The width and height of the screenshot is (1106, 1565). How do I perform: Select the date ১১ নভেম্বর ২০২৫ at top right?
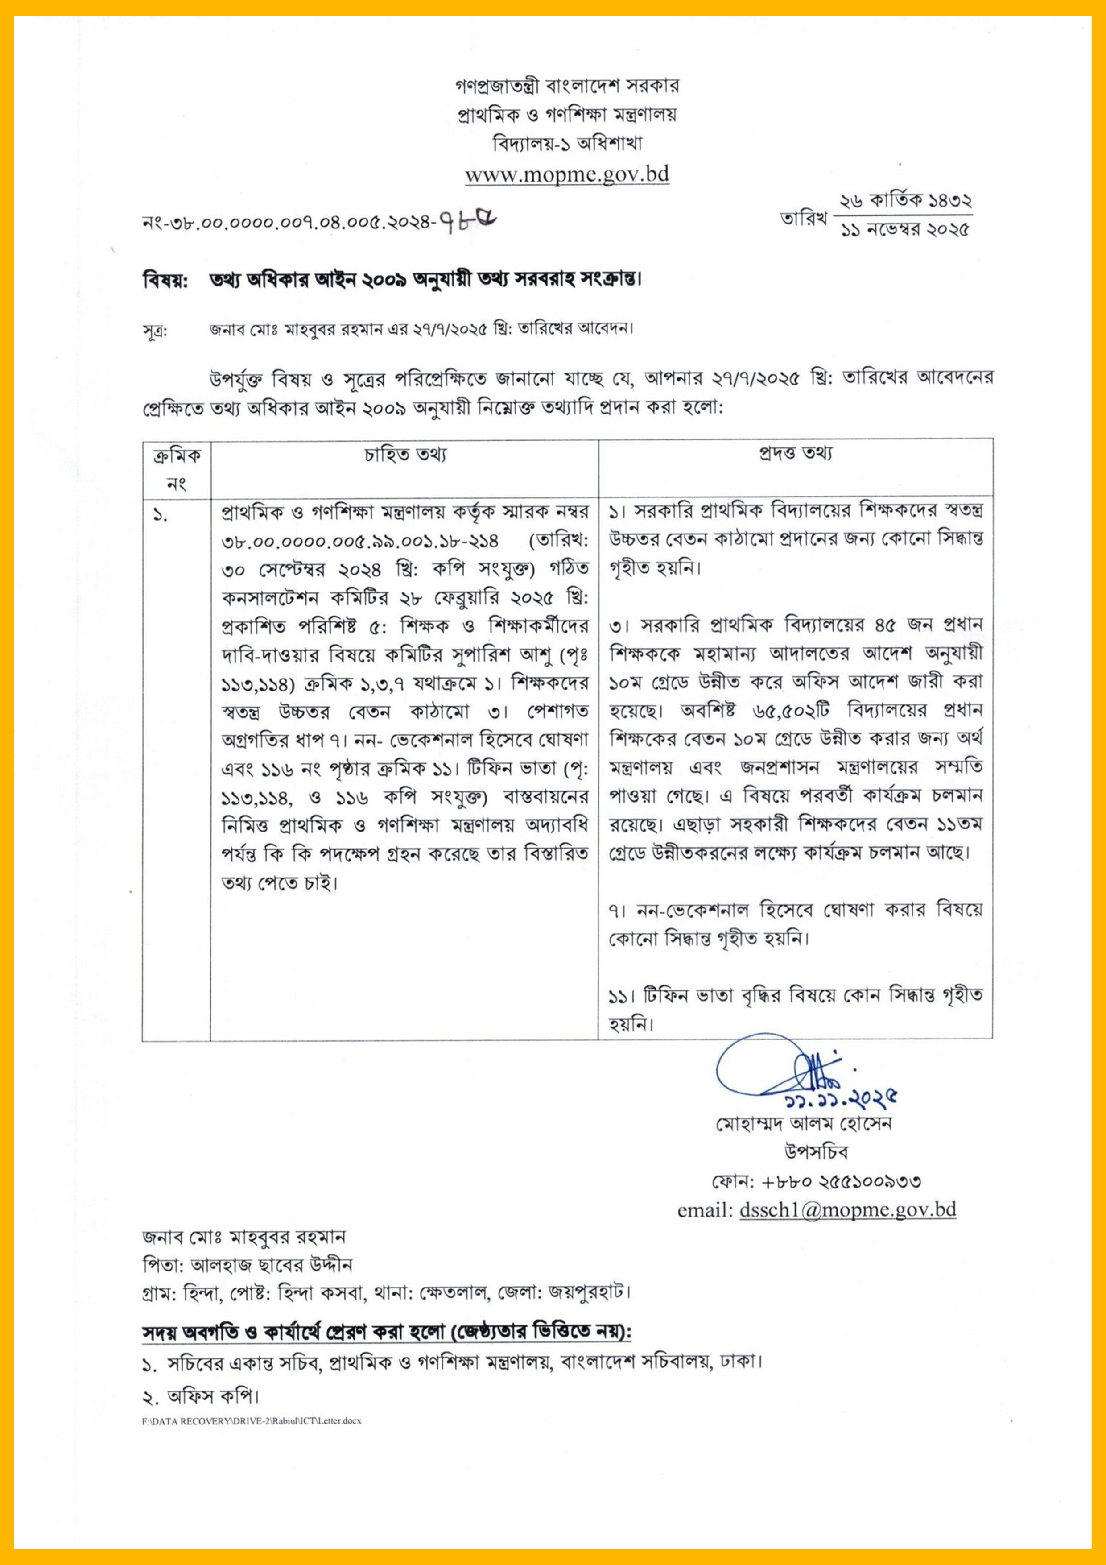pyautogui.click(x=905, y=230)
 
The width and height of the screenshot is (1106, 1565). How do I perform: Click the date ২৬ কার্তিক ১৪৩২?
pyautogui.click(x=905, y=201)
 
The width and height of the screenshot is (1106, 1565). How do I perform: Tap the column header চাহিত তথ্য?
pyautogui.click(x=405, y=455)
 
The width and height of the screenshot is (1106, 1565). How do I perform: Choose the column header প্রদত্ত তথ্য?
pyautogui.click(x=795, y=454)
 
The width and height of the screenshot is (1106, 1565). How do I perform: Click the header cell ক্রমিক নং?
pyautogui.click(x=177, y=469)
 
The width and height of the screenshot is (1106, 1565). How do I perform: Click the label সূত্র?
pyautogui.click(x=155, y=332)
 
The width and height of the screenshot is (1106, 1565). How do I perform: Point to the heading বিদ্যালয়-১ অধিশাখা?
pyautogui.click(x=567, y=144)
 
